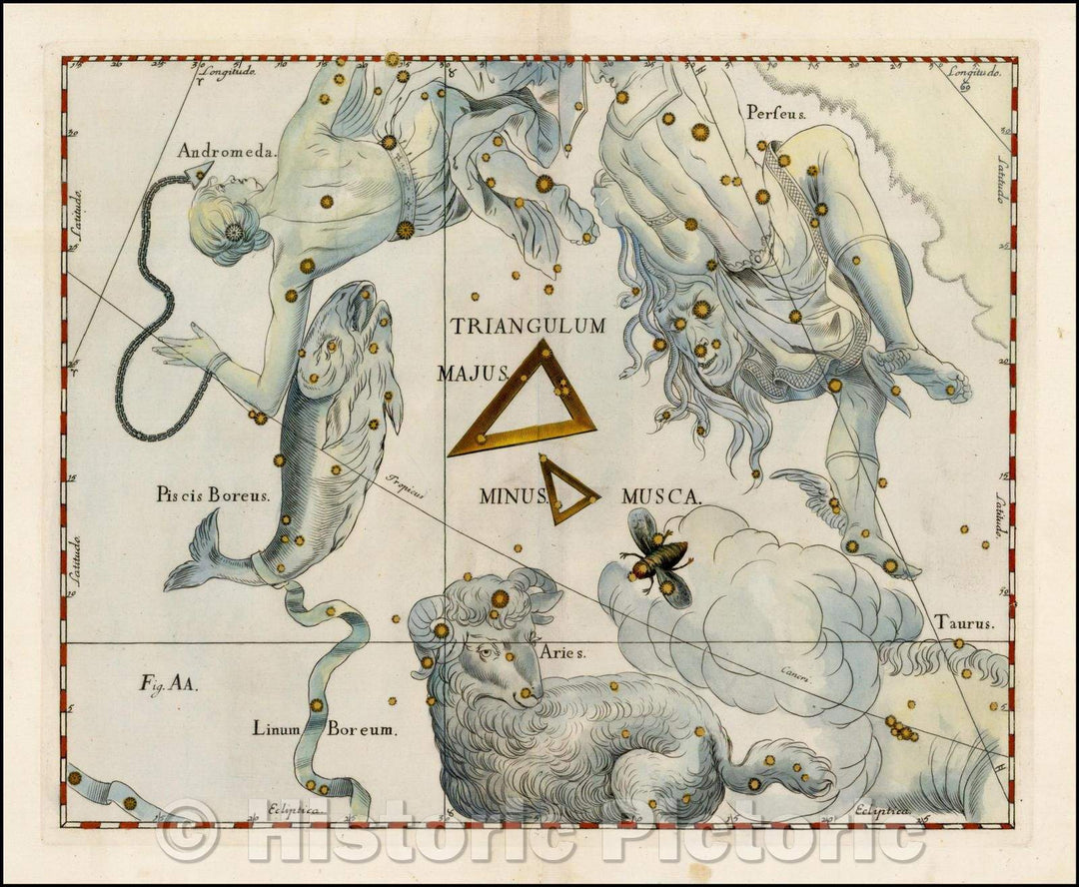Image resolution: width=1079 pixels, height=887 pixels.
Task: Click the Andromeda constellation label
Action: pyautogui.click(x=226, y=152)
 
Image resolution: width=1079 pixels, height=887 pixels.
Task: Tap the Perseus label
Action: pyautogui.click(x=776, y=113)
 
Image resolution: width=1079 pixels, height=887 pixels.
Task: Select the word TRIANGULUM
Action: pyautogui.click(x=528, y=326)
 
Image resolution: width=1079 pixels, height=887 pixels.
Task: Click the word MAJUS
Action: pyautogui.click(x=473, y=374)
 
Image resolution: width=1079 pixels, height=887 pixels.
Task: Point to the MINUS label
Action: pyautogui.click(x=513, y=494)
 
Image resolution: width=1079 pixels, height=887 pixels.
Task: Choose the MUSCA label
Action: pyautogui.click(x=661, y=494)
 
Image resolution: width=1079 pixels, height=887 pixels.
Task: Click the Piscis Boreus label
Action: pyautogui.click(x=213, y=493)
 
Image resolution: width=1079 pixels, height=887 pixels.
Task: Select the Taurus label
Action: pyautogui.click(x=964, y=623)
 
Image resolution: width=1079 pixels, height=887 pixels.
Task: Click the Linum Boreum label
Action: pyautogui.click(x=325, y=730)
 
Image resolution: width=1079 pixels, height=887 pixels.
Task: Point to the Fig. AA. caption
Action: pyautogui.click(x=169, y=684)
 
